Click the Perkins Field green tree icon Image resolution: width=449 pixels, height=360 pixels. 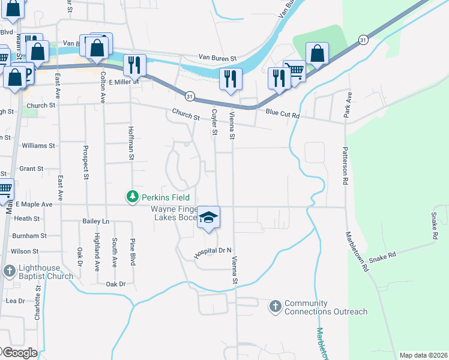click(133, 197)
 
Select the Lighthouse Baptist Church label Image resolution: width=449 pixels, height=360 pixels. click(45, 272)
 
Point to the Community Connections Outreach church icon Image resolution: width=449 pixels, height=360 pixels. click(276, 307)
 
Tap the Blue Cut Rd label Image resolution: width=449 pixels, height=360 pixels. click(282, 112)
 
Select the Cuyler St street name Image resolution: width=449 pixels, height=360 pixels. click(213, 122)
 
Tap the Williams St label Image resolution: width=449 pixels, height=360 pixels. click(38, 146)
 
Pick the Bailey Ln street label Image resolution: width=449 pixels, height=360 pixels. click(96, 221)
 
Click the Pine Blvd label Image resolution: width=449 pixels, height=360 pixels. click(133, 251)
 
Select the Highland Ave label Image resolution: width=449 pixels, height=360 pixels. click(97, 253)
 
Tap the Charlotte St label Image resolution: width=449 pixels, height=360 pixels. click(37, 306)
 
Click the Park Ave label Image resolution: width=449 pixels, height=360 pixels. click(346, 104)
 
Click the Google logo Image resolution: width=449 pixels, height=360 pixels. click(19, 353)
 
